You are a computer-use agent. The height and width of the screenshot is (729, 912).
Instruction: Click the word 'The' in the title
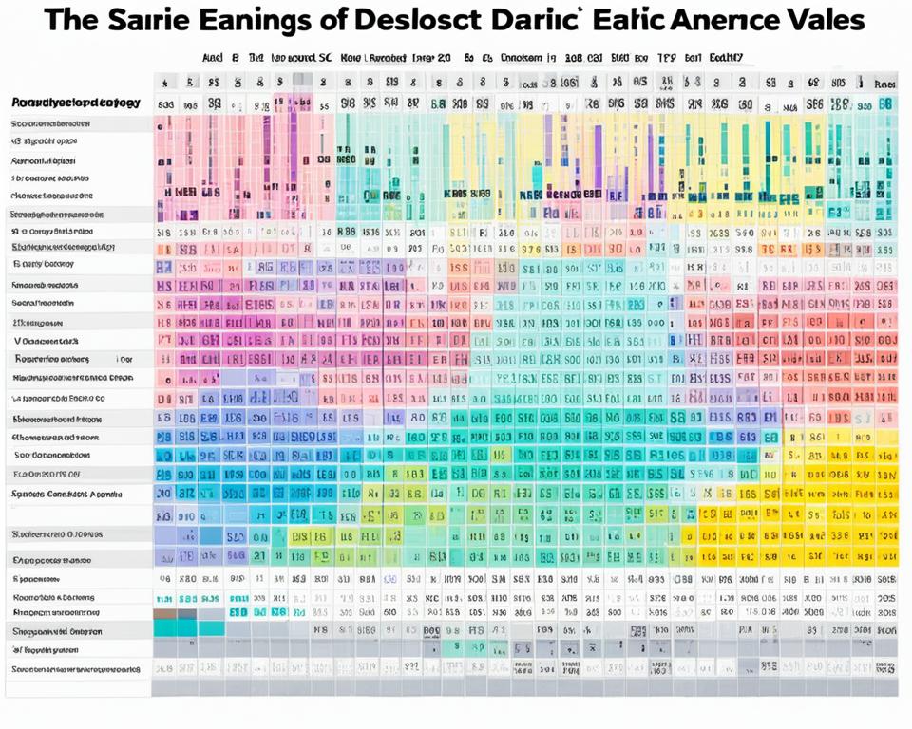pyautogui.click(x=76, y=21)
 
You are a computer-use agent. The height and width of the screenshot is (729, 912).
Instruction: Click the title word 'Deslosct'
pyautogui.click(x=480, y=21)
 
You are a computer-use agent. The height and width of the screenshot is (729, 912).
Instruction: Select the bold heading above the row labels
pyautogui.click(x=76, y=102)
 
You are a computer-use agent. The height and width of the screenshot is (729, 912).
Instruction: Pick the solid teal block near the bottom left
pyautogui.click(x=187, y=626)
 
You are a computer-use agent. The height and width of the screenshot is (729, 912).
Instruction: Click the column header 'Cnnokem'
pyautogui.click(x=521, y=57)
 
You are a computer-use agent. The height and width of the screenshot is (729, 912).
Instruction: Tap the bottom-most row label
pyautogui.click(x=76, y=669)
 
